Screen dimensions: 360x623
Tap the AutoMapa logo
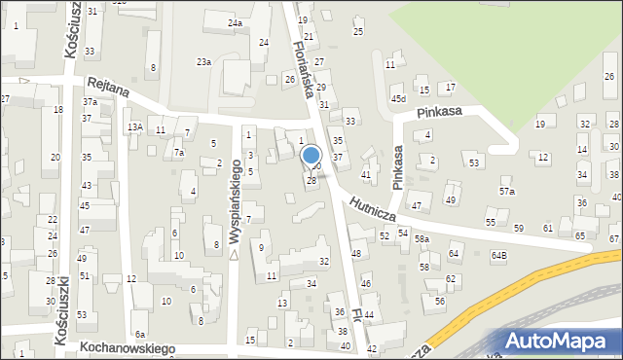click(x=559, y=341)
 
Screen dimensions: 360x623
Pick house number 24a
click(x=235, y=22)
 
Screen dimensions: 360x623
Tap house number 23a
click(x=203, y=61)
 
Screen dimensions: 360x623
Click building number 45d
click(x=398, y=99)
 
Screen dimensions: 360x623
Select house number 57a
click(x=507, y=192)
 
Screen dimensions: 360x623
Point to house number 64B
click(x=499, y=255)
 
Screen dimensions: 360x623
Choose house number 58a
click(x=421, y=238)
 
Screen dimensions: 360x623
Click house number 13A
click(x=135, y=126)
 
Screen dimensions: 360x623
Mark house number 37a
click(x=90, y=101)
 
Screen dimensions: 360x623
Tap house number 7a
click(x=178, y=153)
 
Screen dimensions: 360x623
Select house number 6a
click(x=140, y=335)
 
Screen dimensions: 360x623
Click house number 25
click(x=358, y=32)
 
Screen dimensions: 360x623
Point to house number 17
click(x=450, y=88)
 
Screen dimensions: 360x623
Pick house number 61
click(x=548, y=228)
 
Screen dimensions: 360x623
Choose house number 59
click(x=519, y=228)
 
